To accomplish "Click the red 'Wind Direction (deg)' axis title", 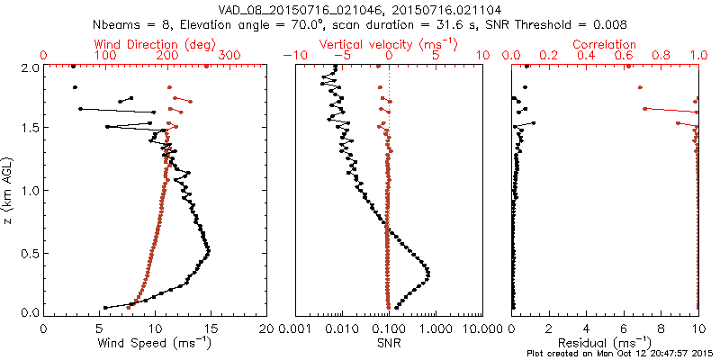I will click(x=156, y=44).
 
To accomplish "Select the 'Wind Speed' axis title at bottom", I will click(x=156, y=343).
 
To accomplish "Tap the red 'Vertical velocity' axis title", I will click(x=389, y=44).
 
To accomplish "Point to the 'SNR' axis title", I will click(x=389, y=343).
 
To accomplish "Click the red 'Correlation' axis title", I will click(x=605, y=44).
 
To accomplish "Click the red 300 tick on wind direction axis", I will click(x=230, y=56).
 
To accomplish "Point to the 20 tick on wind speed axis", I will click(x=265, y=329).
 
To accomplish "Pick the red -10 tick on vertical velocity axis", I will click(x=294, y=56).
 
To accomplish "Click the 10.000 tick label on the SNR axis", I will click(x=481, y=329).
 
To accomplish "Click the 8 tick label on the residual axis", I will click(x=661, y=329).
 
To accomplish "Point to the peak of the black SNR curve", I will click(x=427, y=274).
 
